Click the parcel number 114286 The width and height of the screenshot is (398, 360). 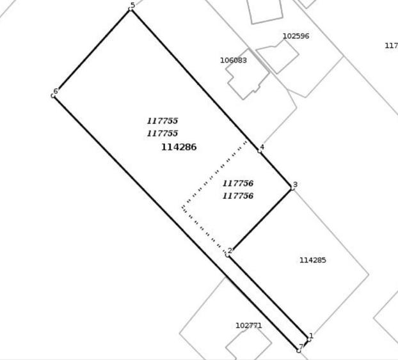pyautogui.click(x=179, y=147)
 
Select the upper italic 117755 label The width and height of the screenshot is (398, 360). pyautogui.click(x=163, y=121)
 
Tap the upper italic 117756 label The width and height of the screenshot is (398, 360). pyautogui.click(x=238, y=183)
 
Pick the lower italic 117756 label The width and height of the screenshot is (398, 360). pyautogui.click(x=238, y=196)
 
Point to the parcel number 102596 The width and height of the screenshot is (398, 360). pyautogui.click(x=296, y=36)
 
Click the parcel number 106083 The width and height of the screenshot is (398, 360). pyautogui.click(x=234, y=60)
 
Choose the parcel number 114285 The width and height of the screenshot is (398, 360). pyautogui.click(x=313, y=260)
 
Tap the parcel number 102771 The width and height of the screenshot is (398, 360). pyautogui.click(x=249, y=325)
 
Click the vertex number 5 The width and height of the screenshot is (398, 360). pyautogui.click(x=132, y=5)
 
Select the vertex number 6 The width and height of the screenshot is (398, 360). pyautogui.click(x=56, y=91)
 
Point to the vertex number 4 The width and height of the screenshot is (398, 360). pyautogui.click(x=262, y=147)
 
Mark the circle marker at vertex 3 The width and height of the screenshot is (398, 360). pyautogui.click(x=292, y=188)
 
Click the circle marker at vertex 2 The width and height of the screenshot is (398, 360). pyautogui.click(x=227, y=254)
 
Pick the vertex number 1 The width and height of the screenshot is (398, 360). pyautogui.click(x=312, y=336)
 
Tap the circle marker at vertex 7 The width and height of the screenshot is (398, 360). pyautogui.click(x=299, y=350)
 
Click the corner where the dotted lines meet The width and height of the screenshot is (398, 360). pyautogui.click(x=182, y=208)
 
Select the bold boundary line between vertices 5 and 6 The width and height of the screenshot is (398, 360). pyautogui.click(x=92, y=52)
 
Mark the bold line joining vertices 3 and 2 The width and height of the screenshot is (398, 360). pyautogui.click(x=260, y=221)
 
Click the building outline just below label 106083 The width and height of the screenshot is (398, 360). pyautogui.click(x=247, y=74)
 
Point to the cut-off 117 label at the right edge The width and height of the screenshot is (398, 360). pyautogui.click(x=392, y=45)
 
